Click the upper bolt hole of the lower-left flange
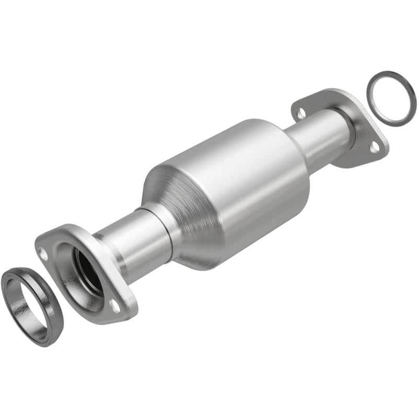(x=44, y=255)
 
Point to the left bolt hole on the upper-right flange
(x=300, y=111)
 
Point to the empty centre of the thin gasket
(x=391, y=97)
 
